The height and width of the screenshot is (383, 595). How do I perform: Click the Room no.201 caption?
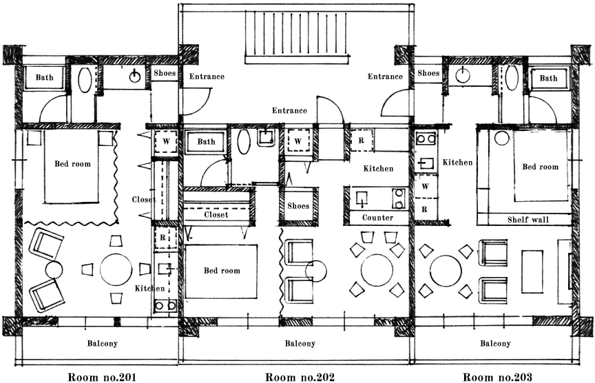click(102, 377)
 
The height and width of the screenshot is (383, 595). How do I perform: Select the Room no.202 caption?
click(300, 377)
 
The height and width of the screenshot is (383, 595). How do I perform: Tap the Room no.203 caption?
click(497, 377)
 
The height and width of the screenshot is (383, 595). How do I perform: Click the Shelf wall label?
click(528, 220)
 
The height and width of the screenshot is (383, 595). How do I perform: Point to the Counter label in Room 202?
click(377, 218)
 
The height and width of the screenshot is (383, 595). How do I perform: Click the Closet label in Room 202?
click(216, 214)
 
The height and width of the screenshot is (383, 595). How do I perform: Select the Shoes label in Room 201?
click(165, 73)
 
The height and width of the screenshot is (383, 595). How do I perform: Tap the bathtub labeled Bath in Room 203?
click(549, 79)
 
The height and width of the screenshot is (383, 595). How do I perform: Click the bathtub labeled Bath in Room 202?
click(206, 142)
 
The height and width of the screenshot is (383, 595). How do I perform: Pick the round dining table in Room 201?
click(116, 269)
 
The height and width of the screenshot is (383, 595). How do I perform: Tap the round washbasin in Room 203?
click(463, 74)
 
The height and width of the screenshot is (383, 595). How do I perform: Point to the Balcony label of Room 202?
click(300, 344)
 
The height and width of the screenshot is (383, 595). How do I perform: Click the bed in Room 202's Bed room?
click(222, 271)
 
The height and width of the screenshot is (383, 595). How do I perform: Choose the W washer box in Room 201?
click(166, 142)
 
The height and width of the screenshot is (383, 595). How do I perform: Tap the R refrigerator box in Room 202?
click(361, 141)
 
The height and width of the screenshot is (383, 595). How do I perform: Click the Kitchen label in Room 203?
click(458, 163)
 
